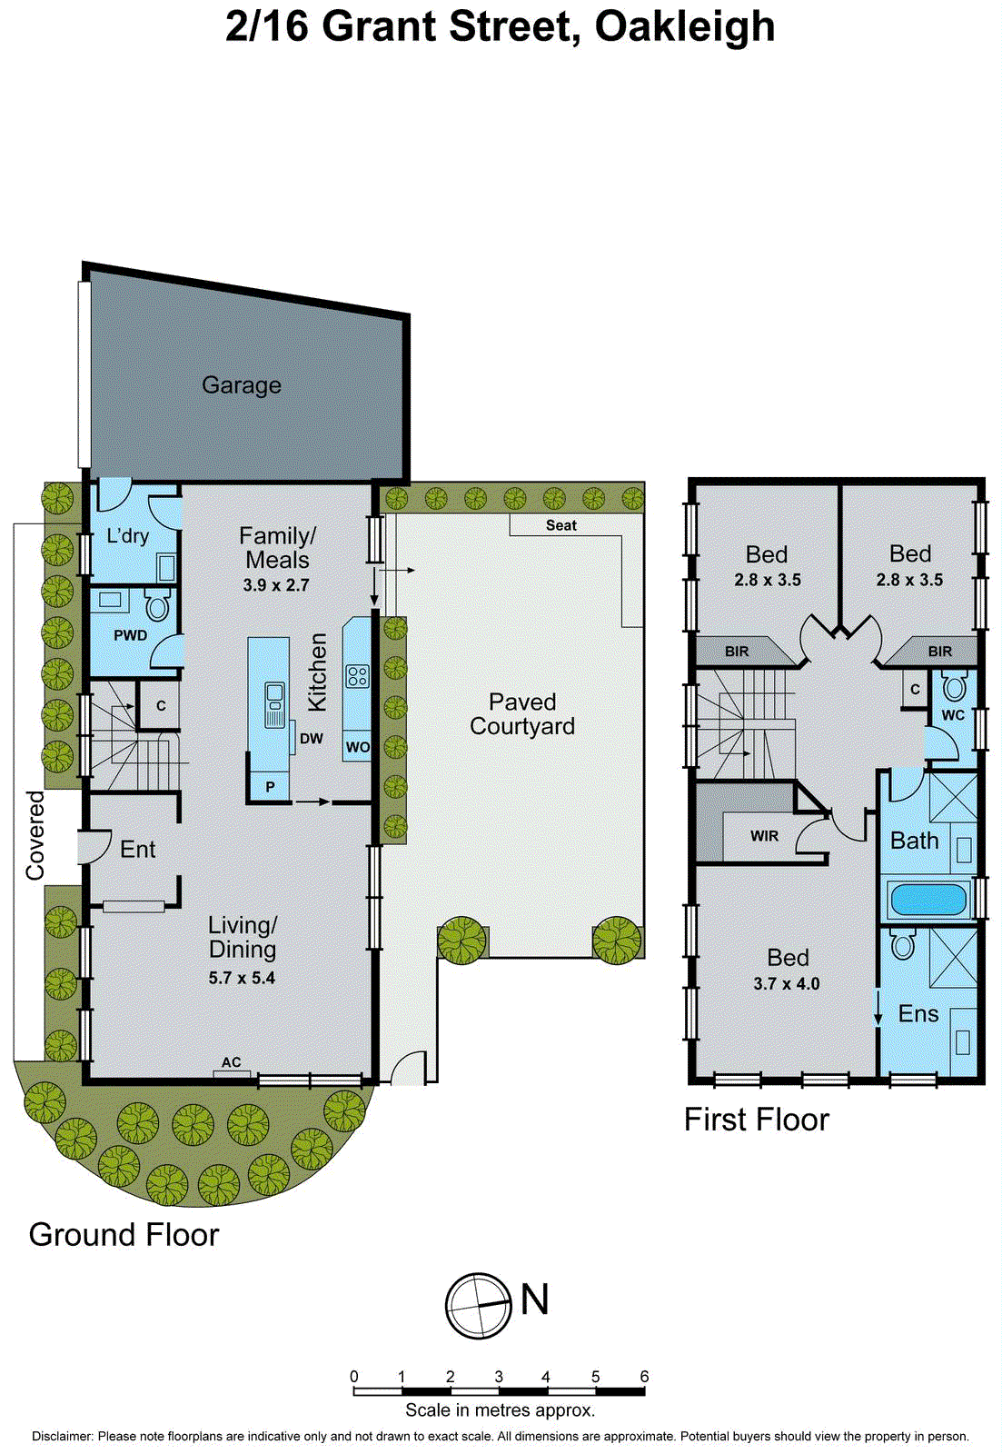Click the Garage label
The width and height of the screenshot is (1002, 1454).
242,385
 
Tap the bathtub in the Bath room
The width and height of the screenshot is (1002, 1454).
928,900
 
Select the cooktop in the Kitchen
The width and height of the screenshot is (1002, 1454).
357,676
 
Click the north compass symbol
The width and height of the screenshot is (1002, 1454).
478,1306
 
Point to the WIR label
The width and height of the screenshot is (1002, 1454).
764,836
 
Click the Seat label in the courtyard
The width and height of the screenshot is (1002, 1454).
561,525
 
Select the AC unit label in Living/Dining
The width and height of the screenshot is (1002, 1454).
231,1062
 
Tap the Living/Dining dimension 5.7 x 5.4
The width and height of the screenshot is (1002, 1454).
242,979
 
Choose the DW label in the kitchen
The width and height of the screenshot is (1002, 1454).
311,739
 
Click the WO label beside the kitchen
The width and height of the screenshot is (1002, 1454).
358,748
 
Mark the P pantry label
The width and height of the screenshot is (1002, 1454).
270,787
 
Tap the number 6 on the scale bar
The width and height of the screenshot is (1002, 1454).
644,1376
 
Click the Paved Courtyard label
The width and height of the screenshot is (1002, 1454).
522,714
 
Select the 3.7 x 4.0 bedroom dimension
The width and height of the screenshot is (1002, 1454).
786,983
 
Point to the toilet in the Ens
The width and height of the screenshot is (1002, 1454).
902,944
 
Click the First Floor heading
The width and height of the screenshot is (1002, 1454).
756,1120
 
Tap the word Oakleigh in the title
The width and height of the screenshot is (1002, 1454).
684,26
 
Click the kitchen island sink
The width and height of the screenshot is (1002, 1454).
274,705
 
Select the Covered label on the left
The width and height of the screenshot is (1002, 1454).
35,835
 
